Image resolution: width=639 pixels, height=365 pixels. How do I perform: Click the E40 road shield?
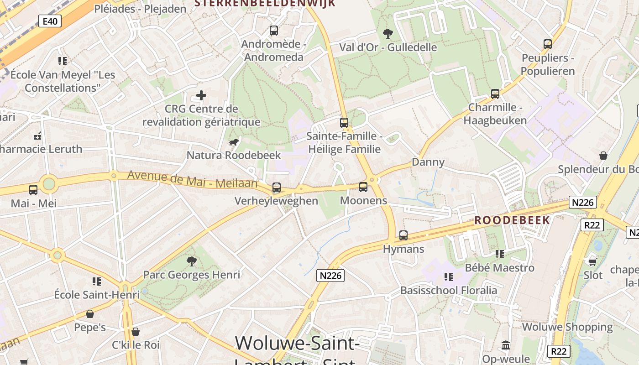point(50,21)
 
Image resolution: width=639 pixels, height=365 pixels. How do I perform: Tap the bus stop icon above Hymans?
point(403,235)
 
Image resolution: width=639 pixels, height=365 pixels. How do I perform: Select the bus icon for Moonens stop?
point(363,187)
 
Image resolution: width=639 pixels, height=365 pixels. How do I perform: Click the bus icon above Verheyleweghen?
point(276,187)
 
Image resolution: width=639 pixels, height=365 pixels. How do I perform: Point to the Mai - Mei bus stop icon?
point(33,189)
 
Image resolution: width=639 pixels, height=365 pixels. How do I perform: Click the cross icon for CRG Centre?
point(201,95)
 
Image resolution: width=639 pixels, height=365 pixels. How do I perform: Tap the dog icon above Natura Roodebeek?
point(234,142)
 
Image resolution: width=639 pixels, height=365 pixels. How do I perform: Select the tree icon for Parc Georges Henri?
point(192,261)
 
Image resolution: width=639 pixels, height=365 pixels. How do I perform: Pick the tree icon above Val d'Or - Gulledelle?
point(388,33)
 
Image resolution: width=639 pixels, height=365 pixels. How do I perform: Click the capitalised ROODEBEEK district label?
point(512,220)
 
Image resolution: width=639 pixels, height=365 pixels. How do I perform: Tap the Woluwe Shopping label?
point(567,327)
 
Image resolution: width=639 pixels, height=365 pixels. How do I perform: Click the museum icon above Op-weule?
point(506,345)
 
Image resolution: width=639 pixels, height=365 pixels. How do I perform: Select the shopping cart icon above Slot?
point(592,262)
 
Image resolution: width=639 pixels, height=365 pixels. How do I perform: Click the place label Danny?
point(428,162)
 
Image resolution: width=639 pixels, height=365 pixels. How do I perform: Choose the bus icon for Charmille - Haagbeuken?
point(495,94)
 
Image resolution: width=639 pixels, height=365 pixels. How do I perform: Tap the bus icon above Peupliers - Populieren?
point(548,44)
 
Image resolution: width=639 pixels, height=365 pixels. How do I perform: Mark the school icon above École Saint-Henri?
point(97,281)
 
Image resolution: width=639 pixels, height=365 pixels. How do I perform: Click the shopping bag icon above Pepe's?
point(90,314)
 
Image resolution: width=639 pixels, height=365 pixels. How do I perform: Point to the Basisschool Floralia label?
point(449,290)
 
